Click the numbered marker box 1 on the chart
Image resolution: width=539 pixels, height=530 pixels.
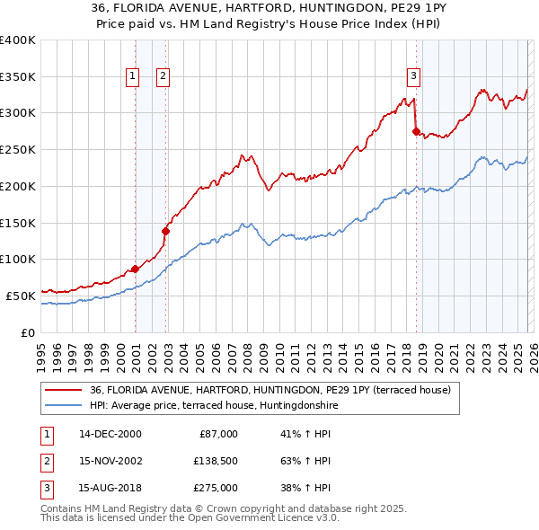pos(132,76)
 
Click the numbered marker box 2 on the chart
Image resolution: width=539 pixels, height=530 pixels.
pos(163,76)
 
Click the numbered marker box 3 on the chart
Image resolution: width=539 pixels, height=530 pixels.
pos(413,76)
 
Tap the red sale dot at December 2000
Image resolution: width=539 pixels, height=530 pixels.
pos(135,269)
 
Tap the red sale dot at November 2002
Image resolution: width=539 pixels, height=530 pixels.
pos(165,231)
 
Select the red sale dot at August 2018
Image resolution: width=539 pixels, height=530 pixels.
pos(416,131)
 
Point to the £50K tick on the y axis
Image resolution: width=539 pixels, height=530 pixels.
pos(21,296)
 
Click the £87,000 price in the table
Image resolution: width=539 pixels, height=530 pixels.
pos(216,433)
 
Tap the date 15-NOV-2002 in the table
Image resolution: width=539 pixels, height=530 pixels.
pos(110,462)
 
